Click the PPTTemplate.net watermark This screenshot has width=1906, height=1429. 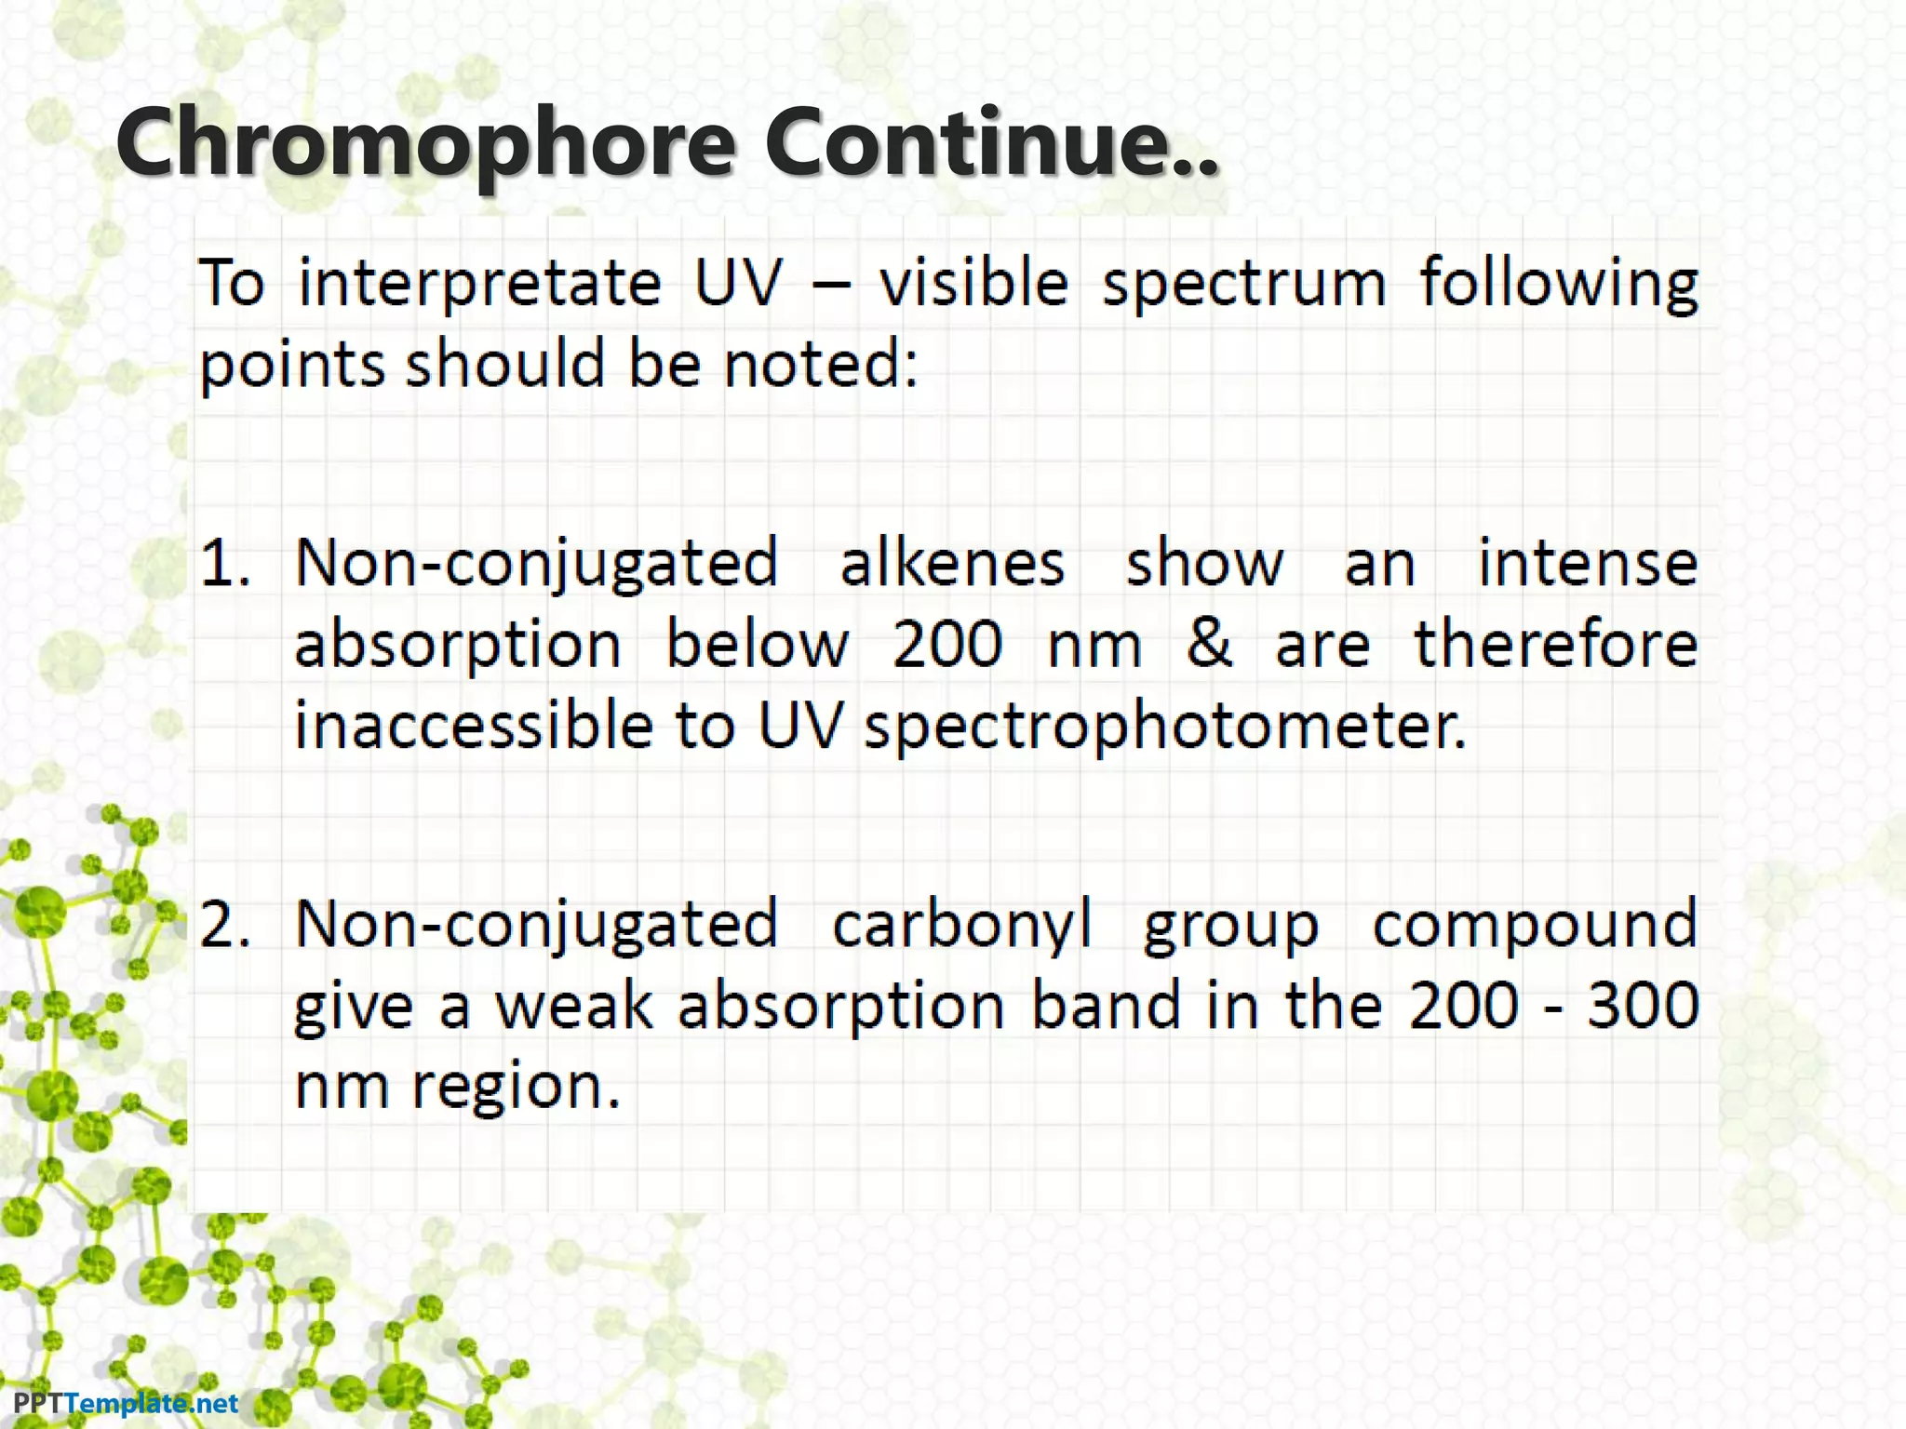[126, 1403]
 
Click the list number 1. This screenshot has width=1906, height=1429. [224, 563]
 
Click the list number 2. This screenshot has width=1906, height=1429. [224, 924]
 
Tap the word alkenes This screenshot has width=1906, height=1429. [952, 563]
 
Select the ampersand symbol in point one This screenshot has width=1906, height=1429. [1209, 644]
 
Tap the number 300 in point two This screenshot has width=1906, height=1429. [1643, 1006]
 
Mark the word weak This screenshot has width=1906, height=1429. [572, 1006]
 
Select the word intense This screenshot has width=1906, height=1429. [1588, 563]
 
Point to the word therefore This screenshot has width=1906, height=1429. [1555, 644]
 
